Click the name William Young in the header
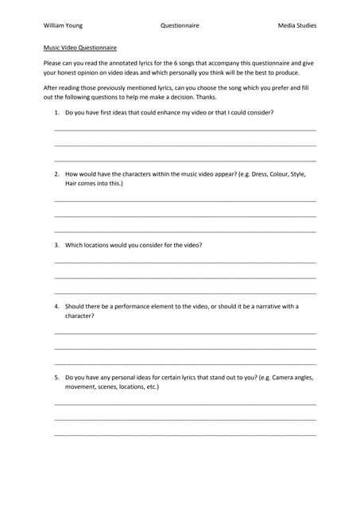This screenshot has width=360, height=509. pyautogui.click(x=63, y=25)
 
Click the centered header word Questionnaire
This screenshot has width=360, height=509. pyautogui.click(x=180, y=25)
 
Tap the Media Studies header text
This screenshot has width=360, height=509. pyautogui.click(x=297, y=25)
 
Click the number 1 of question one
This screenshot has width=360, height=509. pyautogui.click(x=56, y=112)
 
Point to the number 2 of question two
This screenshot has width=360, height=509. pyautogui.click(x=56, y=173)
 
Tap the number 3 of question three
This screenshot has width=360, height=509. pyautogui.click(x=56, y=245)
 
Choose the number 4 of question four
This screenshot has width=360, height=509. pyautogui.click(x=56, y=306)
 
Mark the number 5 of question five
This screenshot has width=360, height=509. pyautogui.click(x=56, y=377)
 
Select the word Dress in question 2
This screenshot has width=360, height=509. pyautogui.click(x=242, y=173)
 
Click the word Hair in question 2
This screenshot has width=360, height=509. pyautogui.click(x=72, y=183)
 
